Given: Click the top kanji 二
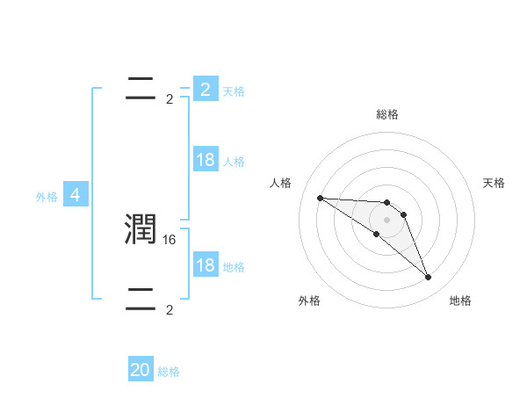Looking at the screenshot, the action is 141,89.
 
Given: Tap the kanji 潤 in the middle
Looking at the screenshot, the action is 141,229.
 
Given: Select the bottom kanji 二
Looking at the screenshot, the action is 141,300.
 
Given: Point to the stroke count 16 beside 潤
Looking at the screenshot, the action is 170,239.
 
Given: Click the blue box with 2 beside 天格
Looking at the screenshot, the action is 206,89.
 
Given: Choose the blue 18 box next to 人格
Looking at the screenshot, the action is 206,160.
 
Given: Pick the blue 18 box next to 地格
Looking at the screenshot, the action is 206,265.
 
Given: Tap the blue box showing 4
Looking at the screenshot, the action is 76,195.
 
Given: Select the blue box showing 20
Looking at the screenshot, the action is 141,370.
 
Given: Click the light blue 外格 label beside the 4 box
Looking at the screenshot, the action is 47,197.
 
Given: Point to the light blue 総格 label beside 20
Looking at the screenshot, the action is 169,372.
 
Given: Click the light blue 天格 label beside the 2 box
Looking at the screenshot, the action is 234,91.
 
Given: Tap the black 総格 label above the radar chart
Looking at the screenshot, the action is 387,114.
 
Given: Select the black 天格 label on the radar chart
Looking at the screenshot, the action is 495,183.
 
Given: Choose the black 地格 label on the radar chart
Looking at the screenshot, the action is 460,301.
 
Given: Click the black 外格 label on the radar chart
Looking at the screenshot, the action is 309,301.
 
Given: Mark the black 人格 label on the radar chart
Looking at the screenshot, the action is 280,183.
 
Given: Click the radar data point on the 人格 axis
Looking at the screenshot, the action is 320,198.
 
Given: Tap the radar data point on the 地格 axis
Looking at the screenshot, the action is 429,278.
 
